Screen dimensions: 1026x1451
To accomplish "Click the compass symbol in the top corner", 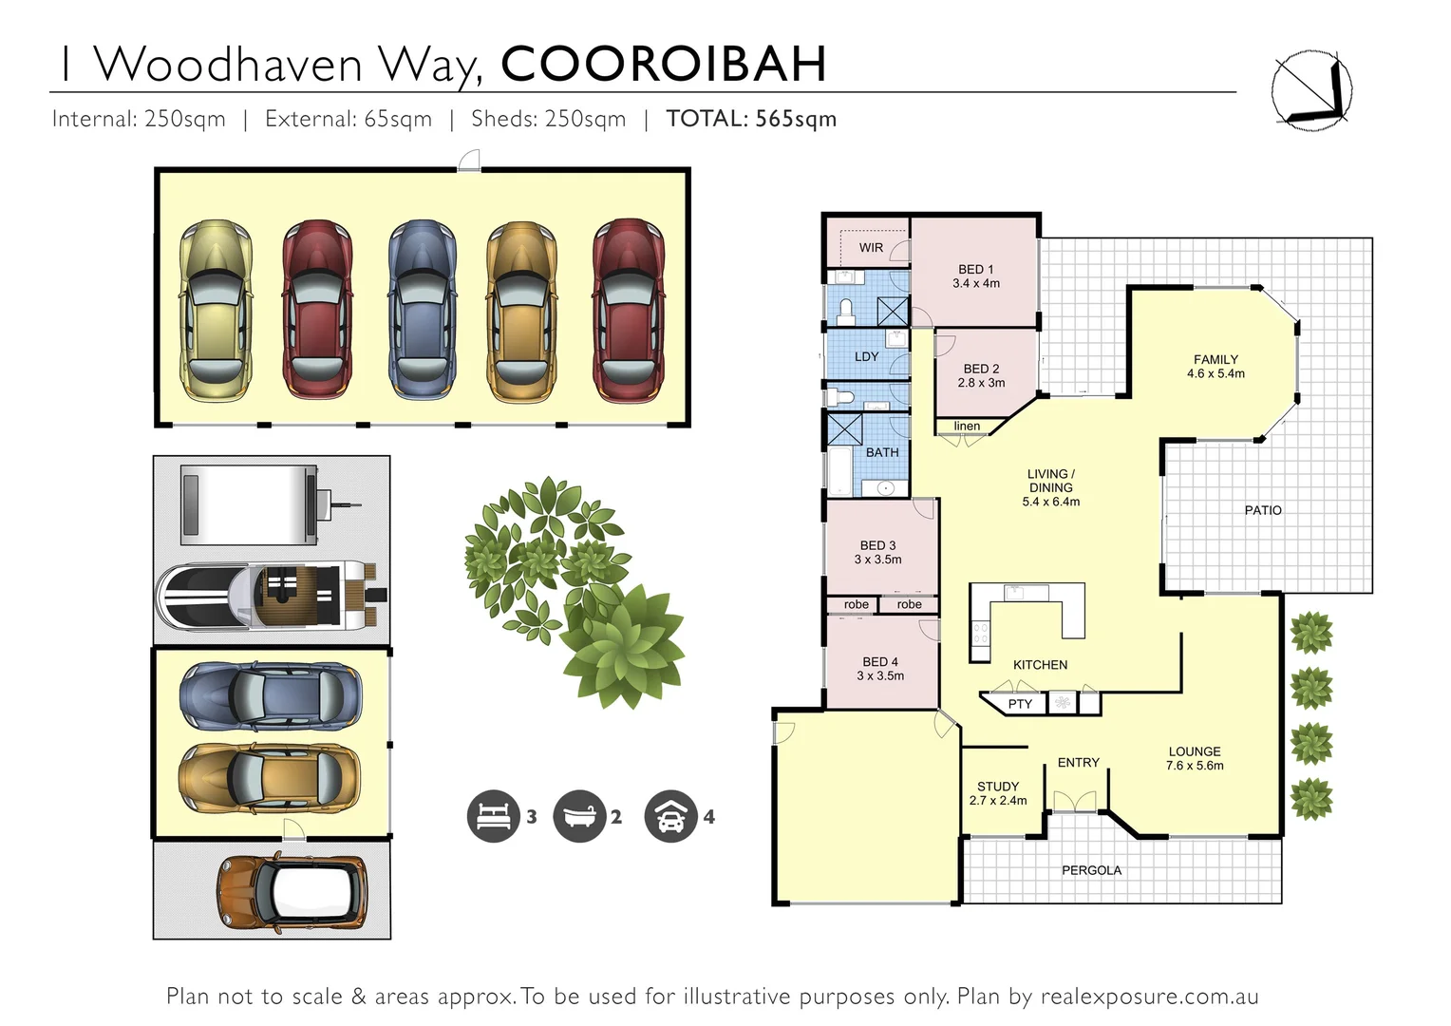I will point(1311,89).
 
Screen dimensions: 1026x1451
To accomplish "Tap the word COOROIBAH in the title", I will point(663,64).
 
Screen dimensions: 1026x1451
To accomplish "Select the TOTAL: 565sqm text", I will point(751,119).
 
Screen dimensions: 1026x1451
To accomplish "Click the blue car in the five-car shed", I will point(423,310).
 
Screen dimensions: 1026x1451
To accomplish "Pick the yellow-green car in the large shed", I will point(217,310).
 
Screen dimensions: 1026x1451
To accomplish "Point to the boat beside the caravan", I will point(271,596).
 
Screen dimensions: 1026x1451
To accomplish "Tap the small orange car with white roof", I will point(292,893).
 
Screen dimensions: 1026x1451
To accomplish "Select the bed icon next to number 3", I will point(493,816).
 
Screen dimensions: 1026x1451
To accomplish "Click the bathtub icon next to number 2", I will point(578,816).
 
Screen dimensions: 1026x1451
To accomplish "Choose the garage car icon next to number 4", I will point(670,816).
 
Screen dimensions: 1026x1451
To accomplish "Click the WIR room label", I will point(871,248).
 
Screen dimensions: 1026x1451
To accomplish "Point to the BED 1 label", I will point(976,270).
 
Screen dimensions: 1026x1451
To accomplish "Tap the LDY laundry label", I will point(866,357).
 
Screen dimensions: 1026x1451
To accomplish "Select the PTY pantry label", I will point(1020,704).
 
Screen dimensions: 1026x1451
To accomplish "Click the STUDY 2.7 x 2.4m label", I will point(998,793).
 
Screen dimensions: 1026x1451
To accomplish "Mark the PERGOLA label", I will point(1091,870).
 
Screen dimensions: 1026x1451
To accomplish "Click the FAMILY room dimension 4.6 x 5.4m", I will point(1215,374).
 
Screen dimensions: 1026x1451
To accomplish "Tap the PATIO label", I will point(1263,510).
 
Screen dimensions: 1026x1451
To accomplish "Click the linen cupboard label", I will point(967,427).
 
